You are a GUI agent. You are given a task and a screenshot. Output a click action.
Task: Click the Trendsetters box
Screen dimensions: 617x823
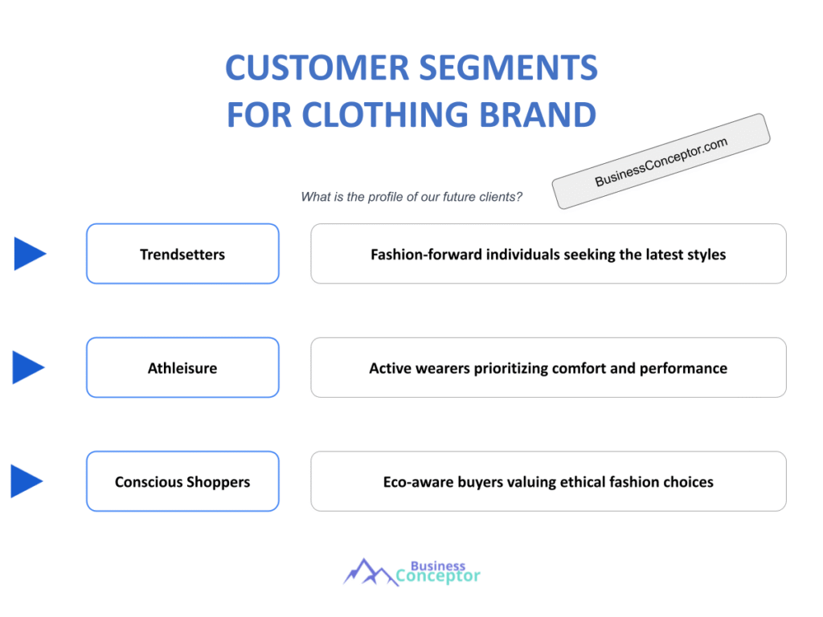[x=182, y=254]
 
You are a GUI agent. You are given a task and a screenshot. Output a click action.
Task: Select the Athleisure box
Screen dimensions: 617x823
[x=182, y=368]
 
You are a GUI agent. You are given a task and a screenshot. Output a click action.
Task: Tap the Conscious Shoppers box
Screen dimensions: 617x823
[x=182, y=482]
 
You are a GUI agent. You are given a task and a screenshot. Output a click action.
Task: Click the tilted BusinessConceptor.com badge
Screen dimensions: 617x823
[x=661, y=161]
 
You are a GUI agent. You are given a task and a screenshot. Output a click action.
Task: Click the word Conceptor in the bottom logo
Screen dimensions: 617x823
[x=438, y=576]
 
